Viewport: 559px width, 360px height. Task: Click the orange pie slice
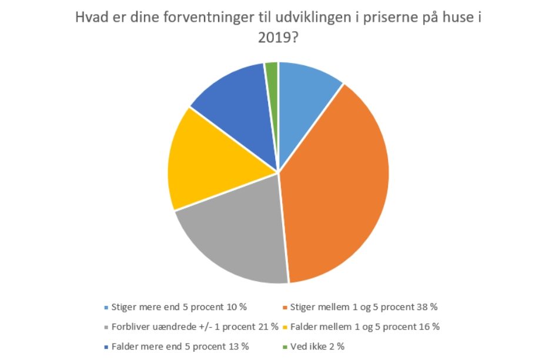coord(339,185)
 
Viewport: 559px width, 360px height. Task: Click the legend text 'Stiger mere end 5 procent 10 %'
coord(179,307)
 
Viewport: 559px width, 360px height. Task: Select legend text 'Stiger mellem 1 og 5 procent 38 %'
coord(364,307)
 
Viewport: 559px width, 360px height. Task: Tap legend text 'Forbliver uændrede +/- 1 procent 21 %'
coord(195,327)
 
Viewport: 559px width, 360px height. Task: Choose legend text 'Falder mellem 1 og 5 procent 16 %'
coord(364,327)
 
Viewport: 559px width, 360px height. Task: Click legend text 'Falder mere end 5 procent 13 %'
coord(180,346)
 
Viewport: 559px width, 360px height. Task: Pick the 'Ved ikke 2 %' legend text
coord(317,346)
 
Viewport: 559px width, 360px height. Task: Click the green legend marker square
coord(285,347)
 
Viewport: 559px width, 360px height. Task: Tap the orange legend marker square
coord(285,308)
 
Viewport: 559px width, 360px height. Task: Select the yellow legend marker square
coord(285,327)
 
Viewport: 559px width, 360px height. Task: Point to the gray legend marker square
coord(106,327)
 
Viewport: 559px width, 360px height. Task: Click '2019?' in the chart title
coord(278,37)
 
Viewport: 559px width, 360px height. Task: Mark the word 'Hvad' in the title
coord(90,18)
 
